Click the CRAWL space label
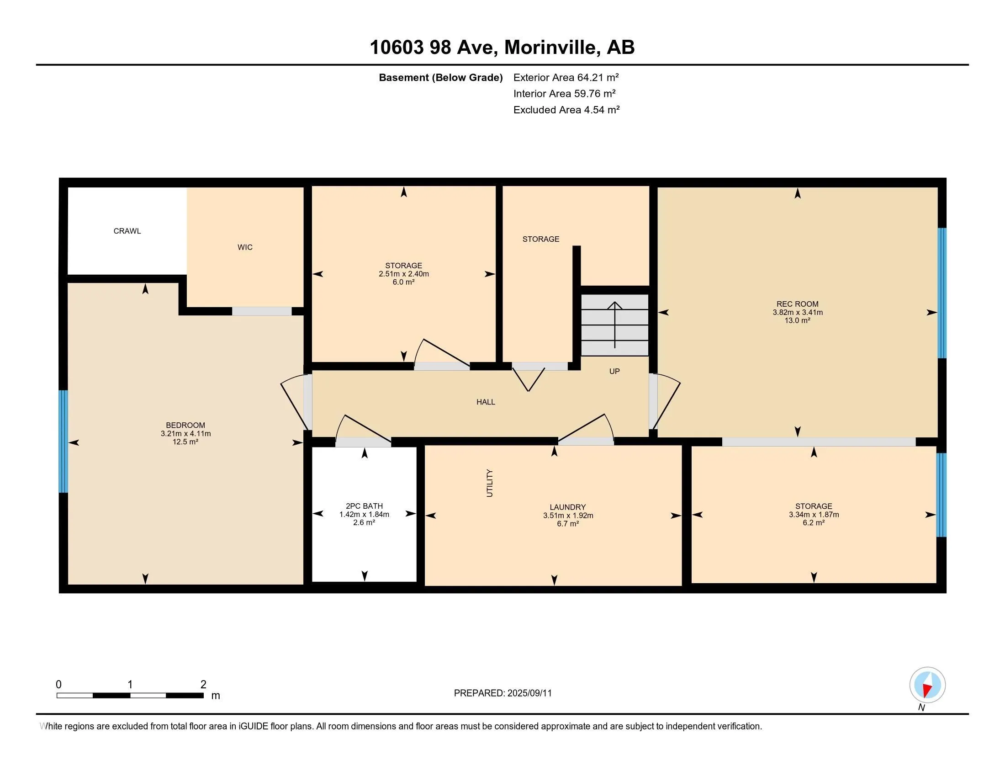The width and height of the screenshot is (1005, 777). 127,231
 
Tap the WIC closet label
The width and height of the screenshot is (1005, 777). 245,247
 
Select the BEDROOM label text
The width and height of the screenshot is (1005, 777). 185,426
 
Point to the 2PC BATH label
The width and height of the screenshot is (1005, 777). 364,506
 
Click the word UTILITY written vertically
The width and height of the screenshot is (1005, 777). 490,483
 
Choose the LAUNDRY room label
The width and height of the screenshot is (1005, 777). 567,507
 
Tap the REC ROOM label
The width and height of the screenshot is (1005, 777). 798,304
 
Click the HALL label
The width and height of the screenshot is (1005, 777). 486,402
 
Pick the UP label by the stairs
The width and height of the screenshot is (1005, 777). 614,371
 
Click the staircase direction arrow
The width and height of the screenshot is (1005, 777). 615,325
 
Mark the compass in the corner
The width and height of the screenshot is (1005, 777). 927,685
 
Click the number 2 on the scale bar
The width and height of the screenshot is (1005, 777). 203,685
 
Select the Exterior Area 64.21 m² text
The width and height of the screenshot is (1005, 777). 566,77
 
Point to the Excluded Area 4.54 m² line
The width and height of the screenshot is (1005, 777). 566,110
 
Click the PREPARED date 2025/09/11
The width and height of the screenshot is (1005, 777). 529,693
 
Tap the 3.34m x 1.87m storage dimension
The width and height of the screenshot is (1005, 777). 814,515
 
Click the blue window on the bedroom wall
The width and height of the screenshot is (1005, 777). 63,442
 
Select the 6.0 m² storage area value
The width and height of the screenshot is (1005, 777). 403,282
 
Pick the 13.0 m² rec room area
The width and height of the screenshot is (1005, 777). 798,320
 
